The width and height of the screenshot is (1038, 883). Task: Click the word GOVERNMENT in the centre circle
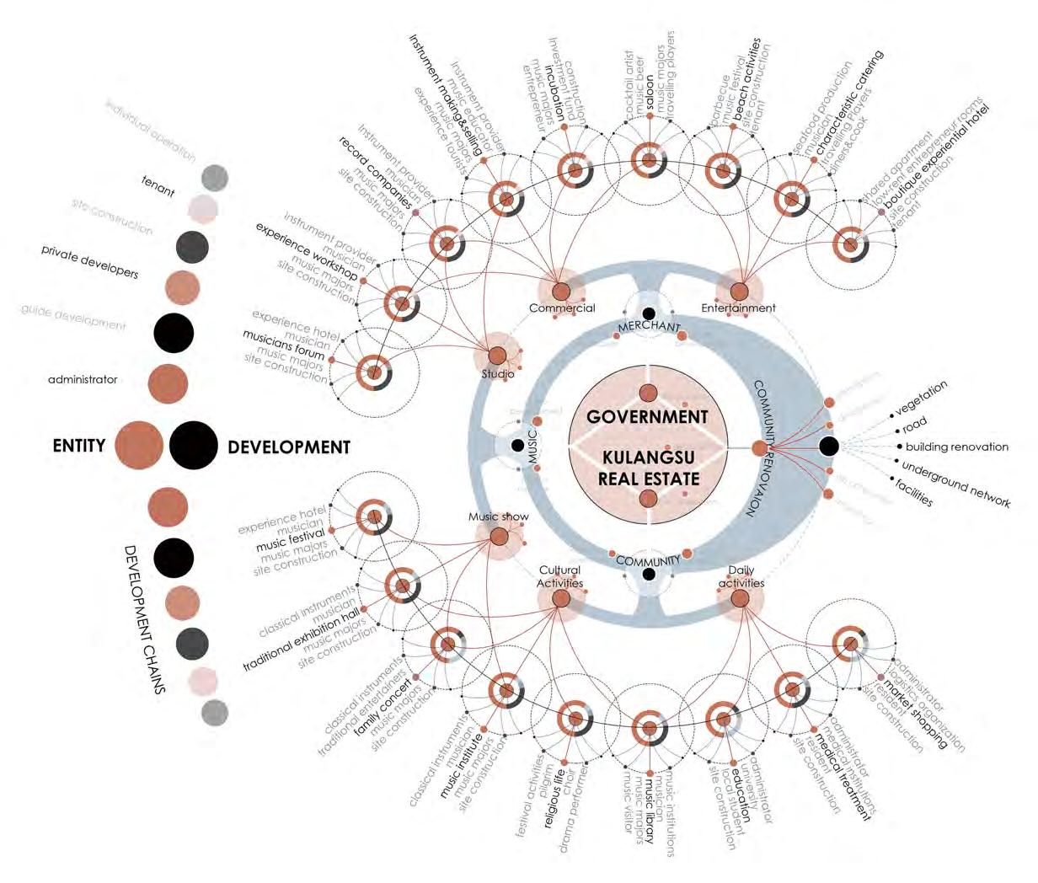click(x=647, y=416)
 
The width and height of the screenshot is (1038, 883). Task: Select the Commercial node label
click(x=562, y=308)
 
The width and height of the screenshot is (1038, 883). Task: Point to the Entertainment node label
click(x=738, y=308)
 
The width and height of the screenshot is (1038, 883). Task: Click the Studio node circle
click(x=496, y=356)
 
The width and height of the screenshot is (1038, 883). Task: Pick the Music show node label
click(x=499, y=516)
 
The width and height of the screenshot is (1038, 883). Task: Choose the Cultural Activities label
click(x=560, y=576)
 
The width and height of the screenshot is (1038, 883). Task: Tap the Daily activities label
click(x=741, y=576)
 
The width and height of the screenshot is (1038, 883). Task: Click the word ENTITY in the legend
click(x=78, y=445)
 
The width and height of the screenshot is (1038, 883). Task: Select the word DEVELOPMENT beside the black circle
click(x=288, y=447)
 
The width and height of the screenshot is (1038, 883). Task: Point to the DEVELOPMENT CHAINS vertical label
click(x=144, y=619)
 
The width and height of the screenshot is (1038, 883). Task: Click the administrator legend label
click(x=83, y=380)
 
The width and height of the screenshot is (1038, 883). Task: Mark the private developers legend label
click(x=90, y=262)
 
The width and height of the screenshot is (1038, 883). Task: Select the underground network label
click(x=955, y=484)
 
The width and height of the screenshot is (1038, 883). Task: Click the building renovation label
click(x=956, y=447)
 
